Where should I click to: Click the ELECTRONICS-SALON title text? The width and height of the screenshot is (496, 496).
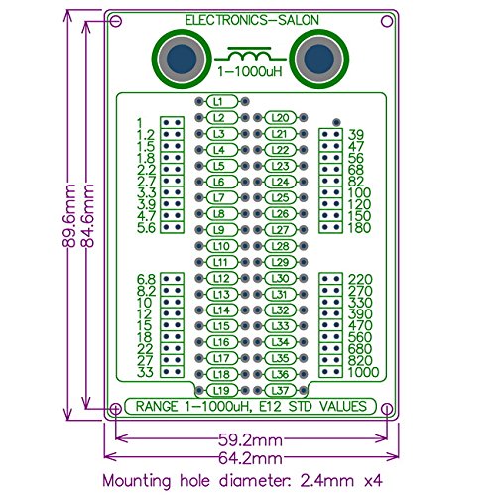(250, 20)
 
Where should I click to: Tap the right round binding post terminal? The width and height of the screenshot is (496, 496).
(320, 60)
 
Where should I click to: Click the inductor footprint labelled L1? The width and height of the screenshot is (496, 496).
(222, 101)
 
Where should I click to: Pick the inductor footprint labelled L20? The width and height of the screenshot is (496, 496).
(280, 118)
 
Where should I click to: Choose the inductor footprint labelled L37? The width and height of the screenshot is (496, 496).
(280, 390)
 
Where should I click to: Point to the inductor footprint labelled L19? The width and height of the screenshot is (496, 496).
(222, 390)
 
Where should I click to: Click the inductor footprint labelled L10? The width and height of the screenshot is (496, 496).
(222, 245)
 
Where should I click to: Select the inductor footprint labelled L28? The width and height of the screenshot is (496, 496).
(280, 246)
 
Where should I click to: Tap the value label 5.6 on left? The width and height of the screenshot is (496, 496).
(145, 228)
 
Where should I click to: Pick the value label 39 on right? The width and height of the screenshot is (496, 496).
(356, 135)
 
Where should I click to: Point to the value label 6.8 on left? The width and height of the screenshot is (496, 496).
(145, 279)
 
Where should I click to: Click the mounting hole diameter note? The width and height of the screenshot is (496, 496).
(248, 479)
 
